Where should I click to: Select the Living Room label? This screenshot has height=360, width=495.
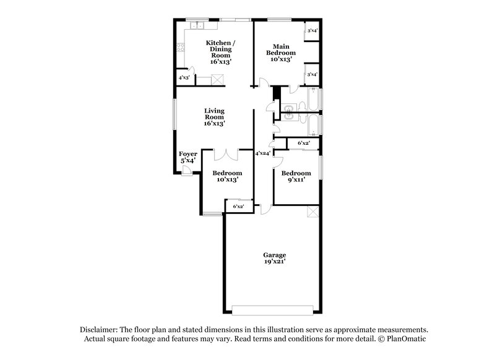pyautogui.click(x=214, y=118)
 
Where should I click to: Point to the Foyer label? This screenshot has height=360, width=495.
pyautogui.click(x=188, y=157)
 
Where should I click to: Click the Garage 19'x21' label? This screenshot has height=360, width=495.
pyautogui.click(x=274, y=258)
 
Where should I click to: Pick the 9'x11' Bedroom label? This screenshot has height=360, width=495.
pyautogui.click(x=295, y=177)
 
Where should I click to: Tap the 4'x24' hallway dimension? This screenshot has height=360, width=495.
pyautogui.click(x=263, y=153)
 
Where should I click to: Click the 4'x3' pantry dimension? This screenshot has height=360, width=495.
pyautogui.click(x=184, y=78)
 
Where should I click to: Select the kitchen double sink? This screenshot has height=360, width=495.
pyautogui.click(x=198, y=26)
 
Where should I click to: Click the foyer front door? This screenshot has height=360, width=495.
pyautogui.click(x=186, y=174)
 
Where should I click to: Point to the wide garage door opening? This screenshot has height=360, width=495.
pyautogui.click(x=272, y=307)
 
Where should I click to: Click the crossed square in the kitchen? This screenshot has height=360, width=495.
pyautogui.click(x=217, y=79)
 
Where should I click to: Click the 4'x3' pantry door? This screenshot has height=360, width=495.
pyautogui.click(x=194, y=80)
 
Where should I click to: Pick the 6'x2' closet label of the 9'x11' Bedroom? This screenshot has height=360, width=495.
pyautogui.click(x=304, y=144)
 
